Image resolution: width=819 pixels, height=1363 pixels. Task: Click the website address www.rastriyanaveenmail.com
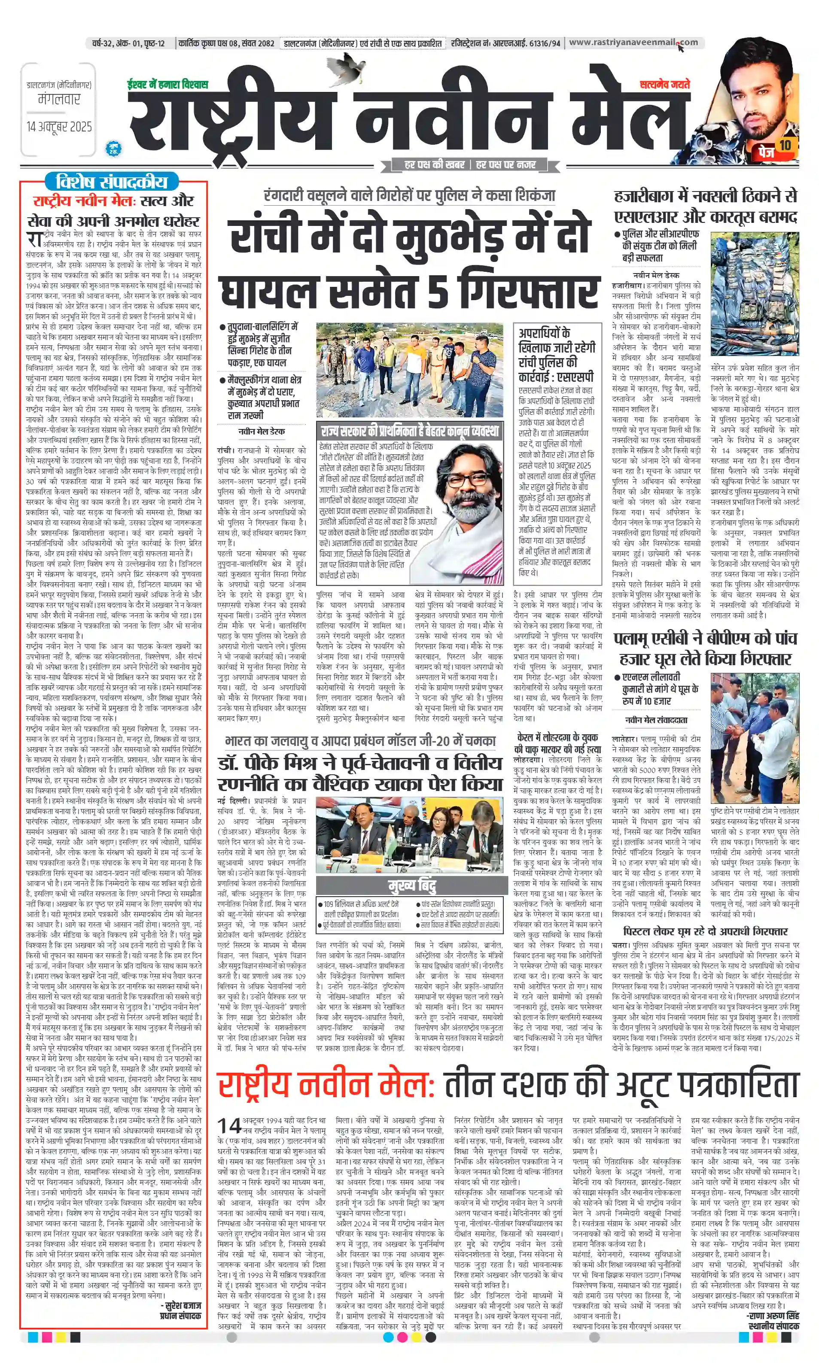[633, 43]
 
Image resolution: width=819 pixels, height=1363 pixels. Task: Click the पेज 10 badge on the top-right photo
[775, 148]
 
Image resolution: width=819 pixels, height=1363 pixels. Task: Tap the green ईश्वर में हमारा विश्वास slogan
[167, 85]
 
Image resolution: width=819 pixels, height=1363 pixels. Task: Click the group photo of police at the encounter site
[410, 370]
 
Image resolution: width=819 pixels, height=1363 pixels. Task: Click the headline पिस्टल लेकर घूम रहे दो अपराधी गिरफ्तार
[705, 931]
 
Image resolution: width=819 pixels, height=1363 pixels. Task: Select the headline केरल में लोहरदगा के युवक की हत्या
[557, 743]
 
